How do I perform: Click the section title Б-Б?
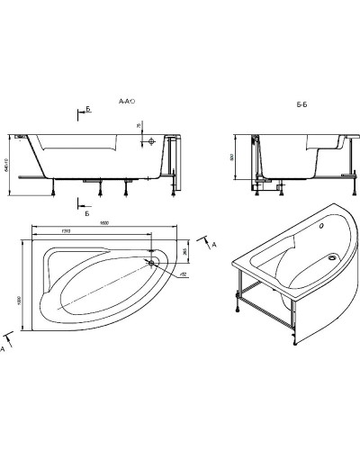[x=302, y=104]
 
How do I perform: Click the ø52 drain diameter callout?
[x=181, y=274]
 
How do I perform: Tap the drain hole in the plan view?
[x=159, y=262]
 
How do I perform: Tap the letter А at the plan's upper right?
[x=212, y=242]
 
